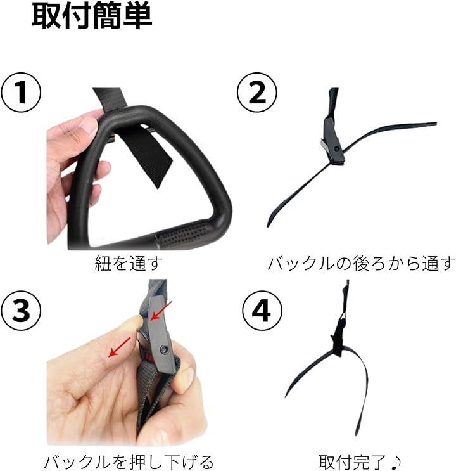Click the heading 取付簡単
(92, 16)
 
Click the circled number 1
(20, 93)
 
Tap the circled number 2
(257, 93)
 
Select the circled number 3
(20, 310)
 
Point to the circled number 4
(262, 311)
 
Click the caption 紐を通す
(129, 263)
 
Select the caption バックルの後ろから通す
(360, 263)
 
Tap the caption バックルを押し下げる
(129, 462)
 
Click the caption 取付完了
(351, 462)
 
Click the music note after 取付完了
(394, 461)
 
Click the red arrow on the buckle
(161, 311)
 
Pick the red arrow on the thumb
(120, 347)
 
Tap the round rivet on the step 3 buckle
(164, 349)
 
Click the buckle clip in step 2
(332, 141)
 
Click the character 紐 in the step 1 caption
(103, 263)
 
